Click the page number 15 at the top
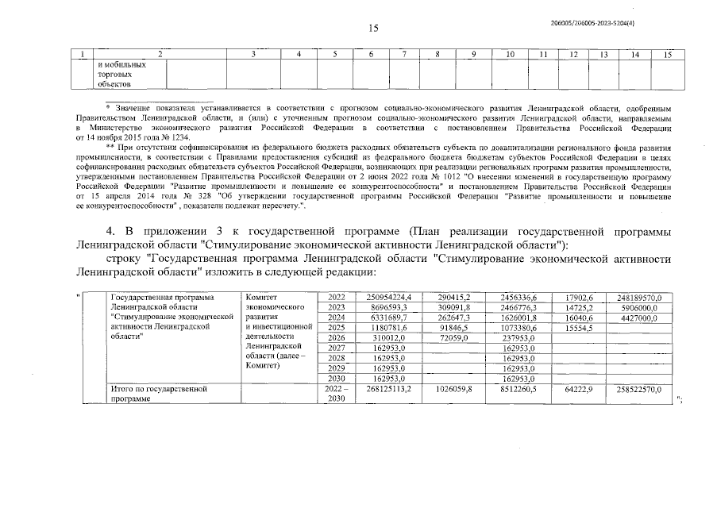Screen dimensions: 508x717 373,29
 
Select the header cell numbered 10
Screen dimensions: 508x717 510,54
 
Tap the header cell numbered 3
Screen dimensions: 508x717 253,54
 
